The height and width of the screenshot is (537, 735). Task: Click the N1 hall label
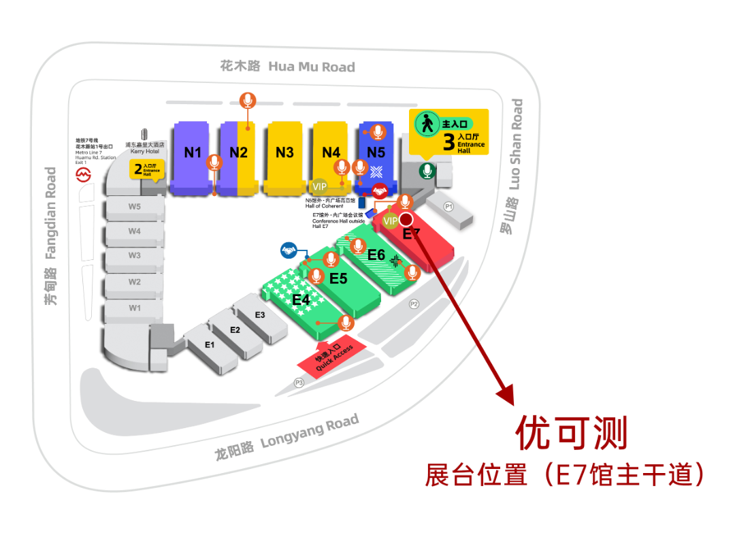pos(193,152)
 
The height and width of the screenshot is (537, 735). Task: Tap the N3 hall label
pos(284,152)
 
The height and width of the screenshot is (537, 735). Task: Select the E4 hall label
pos(301,299)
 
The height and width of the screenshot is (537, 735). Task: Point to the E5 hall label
pos(338,278)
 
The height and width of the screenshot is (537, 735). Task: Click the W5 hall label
pos(135,206)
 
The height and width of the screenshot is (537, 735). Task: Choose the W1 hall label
pos(135,308)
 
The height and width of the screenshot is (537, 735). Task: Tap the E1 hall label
pos(210,345)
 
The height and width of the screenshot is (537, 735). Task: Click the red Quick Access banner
pos(333,359)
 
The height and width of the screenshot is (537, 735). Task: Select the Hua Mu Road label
pos(287,66)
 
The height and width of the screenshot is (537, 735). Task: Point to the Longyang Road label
pos(286,436)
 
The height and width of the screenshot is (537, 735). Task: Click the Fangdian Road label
pos(51,235)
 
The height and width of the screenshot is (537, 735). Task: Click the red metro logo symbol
pos(83,176)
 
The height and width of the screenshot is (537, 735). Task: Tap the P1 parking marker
pos(448,206)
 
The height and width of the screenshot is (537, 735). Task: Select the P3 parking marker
pos(299,383)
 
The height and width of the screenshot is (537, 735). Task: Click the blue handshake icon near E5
pos(289,251)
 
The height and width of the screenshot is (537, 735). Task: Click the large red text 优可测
pos(570,433)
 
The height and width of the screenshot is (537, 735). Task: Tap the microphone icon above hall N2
pos(248,101)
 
